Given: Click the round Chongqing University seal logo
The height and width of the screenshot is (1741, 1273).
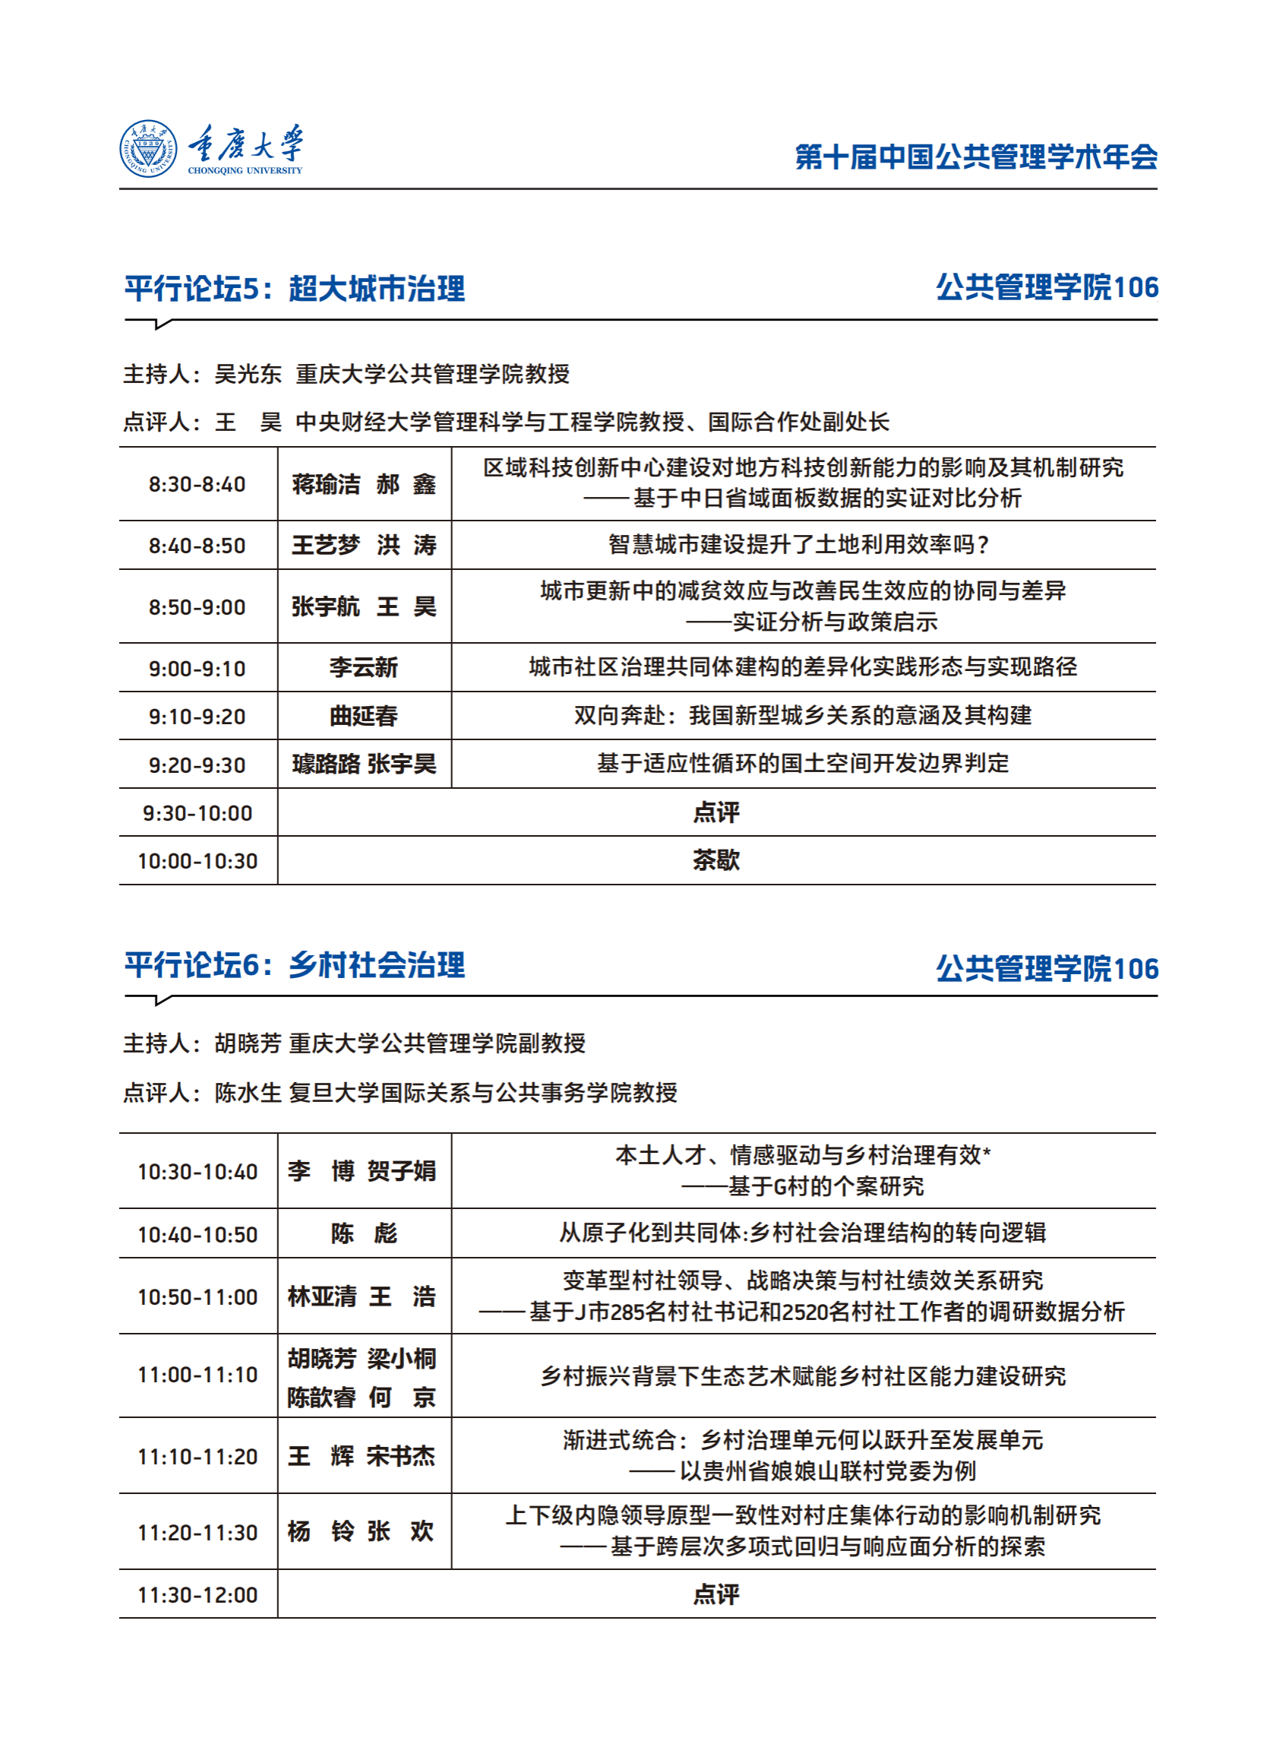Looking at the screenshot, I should click(x=148, y=149).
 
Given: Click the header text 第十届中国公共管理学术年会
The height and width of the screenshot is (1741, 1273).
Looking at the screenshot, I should click(x=975, y=157).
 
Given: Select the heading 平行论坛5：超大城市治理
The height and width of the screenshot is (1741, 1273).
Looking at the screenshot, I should click(x=295, y=288).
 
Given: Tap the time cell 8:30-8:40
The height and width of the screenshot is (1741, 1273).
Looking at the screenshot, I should click(x=197, y=484).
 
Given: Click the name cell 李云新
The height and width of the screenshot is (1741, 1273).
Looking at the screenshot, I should click(x=364, y=668).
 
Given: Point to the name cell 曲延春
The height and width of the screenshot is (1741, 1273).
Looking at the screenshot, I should click(x=364, y=717).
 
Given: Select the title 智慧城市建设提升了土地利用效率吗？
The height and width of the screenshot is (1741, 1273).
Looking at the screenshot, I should click(x=801, y=545).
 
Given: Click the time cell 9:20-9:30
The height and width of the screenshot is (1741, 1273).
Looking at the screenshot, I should click(x=197, y=764).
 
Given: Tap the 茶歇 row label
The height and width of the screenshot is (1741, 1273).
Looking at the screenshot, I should click(x=715, y=860).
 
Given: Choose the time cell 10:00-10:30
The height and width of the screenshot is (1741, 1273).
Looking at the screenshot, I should click(x=197, y=861).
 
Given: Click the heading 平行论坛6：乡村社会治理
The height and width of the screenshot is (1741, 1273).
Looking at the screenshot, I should click(x=295, y=965).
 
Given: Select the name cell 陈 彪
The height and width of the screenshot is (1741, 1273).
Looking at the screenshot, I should click(x=364, y=1233).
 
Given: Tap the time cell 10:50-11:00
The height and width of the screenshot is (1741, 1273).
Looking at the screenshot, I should click(x=197, y=1297).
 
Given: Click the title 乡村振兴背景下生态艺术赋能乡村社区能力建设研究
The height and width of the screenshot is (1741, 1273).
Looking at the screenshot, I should click(x=803, y=1376).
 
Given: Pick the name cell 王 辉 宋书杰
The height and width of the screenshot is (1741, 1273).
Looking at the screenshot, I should click(x=362, y=1456).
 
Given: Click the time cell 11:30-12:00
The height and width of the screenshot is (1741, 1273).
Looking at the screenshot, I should click(x=197, y=1594).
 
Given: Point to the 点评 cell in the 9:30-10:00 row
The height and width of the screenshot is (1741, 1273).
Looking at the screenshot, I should click(x=715, y=812).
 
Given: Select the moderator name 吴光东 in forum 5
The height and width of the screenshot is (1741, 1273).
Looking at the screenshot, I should click(x=248, y=374).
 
